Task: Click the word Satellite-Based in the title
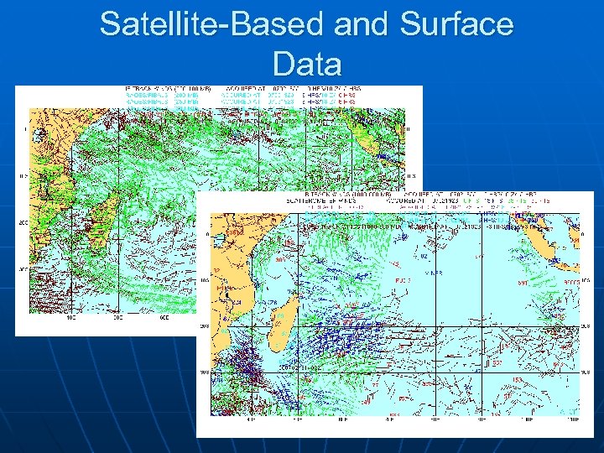[x=211, y=24]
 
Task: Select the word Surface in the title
[x=458, y=24]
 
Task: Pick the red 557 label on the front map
[x=497, y=363]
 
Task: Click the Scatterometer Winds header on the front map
[x=269, y=202]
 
